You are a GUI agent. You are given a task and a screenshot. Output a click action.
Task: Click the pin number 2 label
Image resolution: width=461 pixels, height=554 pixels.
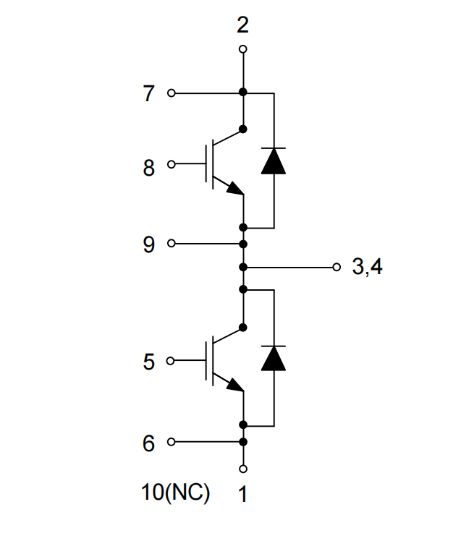(x=243, y=25)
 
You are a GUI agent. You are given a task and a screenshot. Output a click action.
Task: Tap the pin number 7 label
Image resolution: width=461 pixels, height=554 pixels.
(x=148, y=93)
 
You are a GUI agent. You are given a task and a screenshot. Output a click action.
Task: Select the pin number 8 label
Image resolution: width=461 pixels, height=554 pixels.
(x=149, y=168)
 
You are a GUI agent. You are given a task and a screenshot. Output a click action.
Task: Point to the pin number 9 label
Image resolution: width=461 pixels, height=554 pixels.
(x=149, y=244)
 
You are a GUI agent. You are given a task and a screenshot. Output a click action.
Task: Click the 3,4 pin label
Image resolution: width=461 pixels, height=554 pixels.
(x=367, y=266)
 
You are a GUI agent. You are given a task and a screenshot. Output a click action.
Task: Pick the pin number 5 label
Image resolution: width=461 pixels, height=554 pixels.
(x=149, y=362)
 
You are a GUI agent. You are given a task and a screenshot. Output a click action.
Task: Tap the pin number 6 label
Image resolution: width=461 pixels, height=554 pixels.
(x=149, y=443)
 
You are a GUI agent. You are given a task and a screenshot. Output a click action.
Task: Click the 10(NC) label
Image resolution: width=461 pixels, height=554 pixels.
(x=175, y=493)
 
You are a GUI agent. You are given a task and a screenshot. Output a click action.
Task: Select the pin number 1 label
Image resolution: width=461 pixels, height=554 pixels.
(x=242, y=494)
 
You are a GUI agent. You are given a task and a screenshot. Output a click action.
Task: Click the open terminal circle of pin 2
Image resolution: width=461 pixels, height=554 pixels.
(x=243, y=49)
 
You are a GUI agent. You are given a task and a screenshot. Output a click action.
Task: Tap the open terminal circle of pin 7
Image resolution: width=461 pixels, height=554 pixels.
(x=172, y=93)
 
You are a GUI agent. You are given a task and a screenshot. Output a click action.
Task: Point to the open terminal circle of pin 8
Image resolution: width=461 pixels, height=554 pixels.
(x=172, y=164)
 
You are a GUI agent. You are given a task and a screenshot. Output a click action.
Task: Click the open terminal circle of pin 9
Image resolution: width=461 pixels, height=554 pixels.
(x=172, y=244)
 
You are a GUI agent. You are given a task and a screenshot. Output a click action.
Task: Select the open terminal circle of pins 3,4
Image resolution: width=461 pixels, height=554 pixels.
(x=337, y=267)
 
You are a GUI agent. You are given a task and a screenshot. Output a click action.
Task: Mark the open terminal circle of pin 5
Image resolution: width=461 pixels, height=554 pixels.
(x=170, y=361)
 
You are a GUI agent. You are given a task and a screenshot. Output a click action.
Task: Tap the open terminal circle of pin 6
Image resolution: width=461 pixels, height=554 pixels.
(x=172, y=442)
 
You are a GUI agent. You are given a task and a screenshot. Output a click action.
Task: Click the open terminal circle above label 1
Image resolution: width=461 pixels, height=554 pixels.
(x=243, y=469)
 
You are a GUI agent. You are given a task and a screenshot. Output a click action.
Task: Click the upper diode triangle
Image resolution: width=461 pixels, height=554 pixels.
(x=274, y=161)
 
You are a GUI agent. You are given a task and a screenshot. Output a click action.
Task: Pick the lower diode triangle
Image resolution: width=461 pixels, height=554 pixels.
(x=274, y=359)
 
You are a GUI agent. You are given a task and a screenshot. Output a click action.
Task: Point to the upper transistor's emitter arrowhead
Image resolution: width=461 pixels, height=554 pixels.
(x=236, y=189)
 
